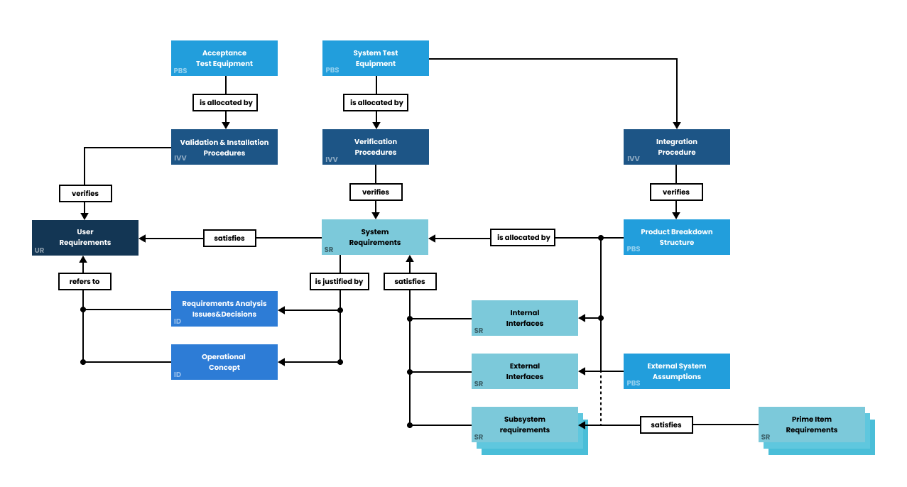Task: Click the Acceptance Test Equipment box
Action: pos(224,58)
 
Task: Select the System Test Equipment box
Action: pos(375,58)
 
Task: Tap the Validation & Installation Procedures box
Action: pos(224,147)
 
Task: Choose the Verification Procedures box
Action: pos(375,147)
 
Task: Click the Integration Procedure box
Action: pos(676,147)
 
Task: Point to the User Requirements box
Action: pos(85,237)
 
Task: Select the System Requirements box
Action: pos(374,237)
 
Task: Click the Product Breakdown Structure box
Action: pos(676,237)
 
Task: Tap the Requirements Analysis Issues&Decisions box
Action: pos(224,309)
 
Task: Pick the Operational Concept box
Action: pos(224,362)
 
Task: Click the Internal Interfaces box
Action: pos(524,318)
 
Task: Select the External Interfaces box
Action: pos(524,371)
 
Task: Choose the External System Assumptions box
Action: pos(676,371)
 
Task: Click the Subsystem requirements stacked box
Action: pos(526,425)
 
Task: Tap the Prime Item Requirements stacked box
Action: pos(812,425)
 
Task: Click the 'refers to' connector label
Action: pos(85,282)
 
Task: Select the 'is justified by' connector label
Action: pos(339,282)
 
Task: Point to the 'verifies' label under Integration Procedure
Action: pos(676,192)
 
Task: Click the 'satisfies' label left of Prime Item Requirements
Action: pos(666,425)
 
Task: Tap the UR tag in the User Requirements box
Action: pos(39,250)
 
